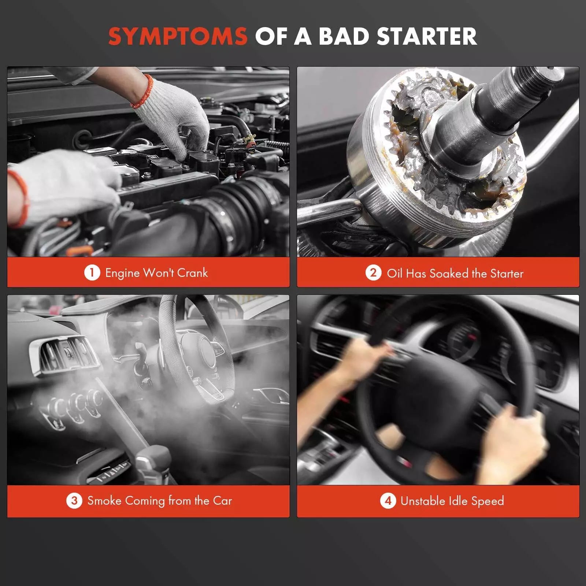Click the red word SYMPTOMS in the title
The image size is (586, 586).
point(178,36)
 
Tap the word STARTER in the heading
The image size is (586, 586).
point(427,36)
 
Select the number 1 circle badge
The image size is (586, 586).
point(92,272)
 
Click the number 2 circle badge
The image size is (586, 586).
point(373,273)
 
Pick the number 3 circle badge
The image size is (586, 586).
point(74,500)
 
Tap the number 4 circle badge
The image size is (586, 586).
point(388,501)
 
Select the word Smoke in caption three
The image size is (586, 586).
point(104,501)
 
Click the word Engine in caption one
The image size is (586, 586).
point(122,273)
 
